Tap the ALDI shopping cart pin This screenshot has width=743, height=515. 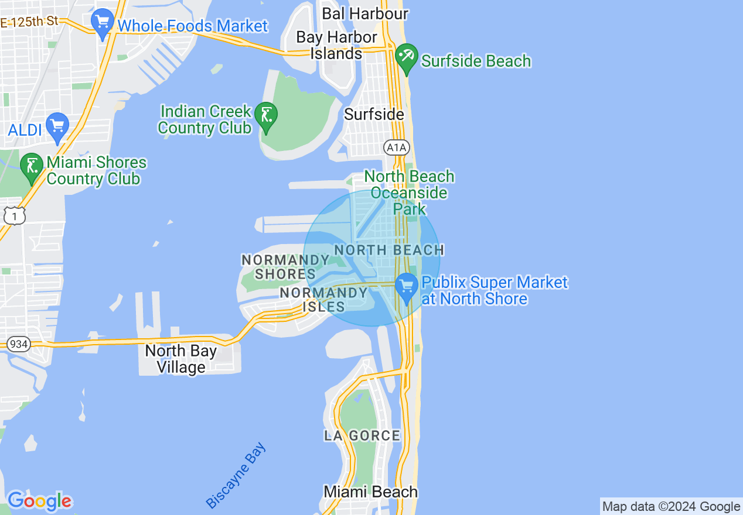[57, 126]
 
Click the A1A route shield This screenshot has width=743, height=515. [396, 147]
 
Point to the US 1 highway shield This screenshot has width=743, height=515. [14, 217]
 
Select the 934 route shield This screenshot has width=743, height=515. [19, 344]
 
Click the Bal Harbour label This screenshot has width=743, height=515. [365, 13]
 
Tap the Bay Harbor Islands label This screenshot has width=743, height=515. [336, 45]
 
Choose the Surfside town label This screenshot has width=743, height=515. [374, 114]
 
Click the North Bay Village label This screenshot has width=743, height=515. [180, 359]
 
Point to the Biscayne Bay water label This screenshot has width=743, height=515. [236, 475]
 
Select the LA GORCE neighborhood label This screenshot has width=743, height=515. [362, 435]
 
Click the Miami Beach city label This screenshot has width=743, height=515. [371, 492]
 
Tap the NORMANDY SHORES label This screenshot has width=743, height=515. [285, 266]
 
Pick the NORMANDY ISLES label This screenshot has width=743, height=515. [323, 299]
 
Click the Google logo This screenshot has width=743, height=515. [40, 501]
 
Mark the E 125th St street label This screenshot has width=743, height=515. [29, 22]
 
